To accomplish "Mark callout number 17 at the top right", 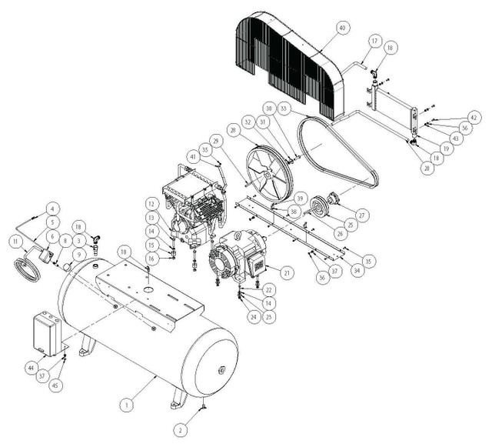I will (374, 40).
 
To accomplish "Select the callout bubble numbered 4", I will (52, 208).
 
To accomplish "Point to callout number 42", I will (474, 118).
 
